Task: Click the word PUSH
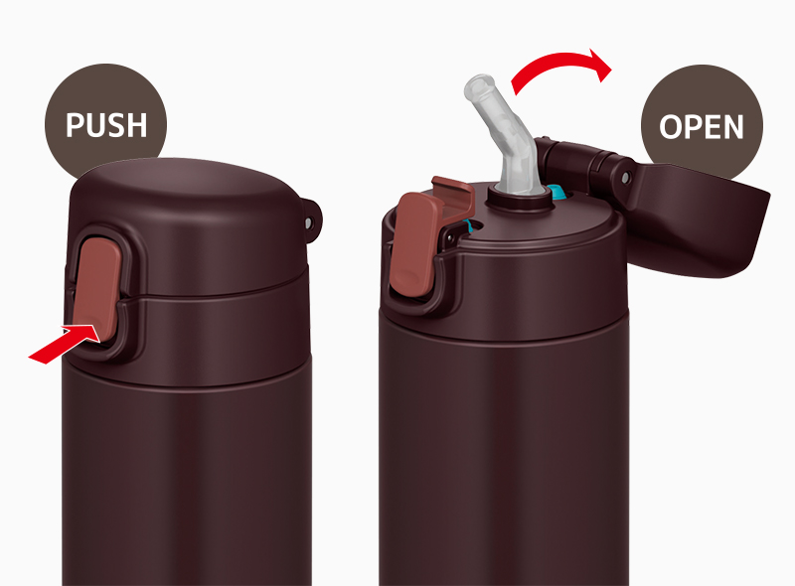(x=106, y=125)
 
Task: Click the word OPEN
(x=702, y=127)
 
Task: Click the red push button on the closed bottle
(x=97, y=288)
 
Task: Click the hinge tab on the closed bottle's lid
(x=312, y=219)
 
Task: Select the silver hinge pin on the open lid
(x=626, y=178)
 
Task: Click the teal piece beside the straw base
(x=556, y=193)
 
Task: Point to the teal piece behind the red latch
(x=469, y=226)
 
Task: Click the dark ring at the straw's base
(x=519, y=201)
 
